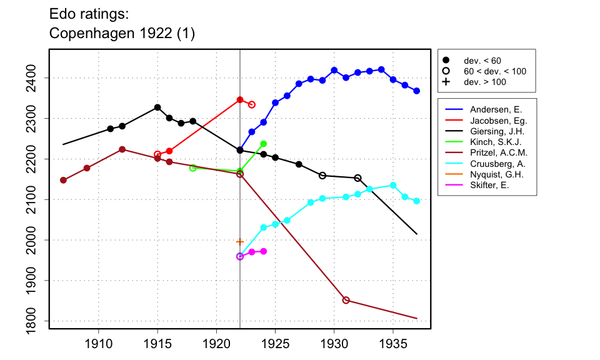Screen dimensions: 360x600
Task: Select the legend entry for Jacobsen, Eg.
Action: coord(489,121)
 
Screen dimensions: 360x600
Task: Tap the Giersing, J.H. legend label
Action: coord(489,131)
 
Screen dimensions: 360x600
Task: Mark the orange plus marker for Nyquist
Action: coord(240,241)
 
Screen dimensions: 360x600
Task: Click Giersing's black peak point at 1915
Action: coord(157,107)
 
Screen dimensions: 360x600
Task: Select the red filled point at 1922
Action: coord(240,99)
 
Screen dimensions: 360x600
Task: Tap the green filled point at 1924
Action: coord(263,144)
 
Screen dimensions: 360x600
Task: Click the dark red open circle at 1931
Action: coord(346,300)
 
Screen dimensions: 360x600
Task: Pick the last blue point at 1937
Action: coord(416,91)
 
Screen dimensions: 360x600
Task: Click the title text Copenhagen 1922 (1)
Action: coord(122,34)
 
